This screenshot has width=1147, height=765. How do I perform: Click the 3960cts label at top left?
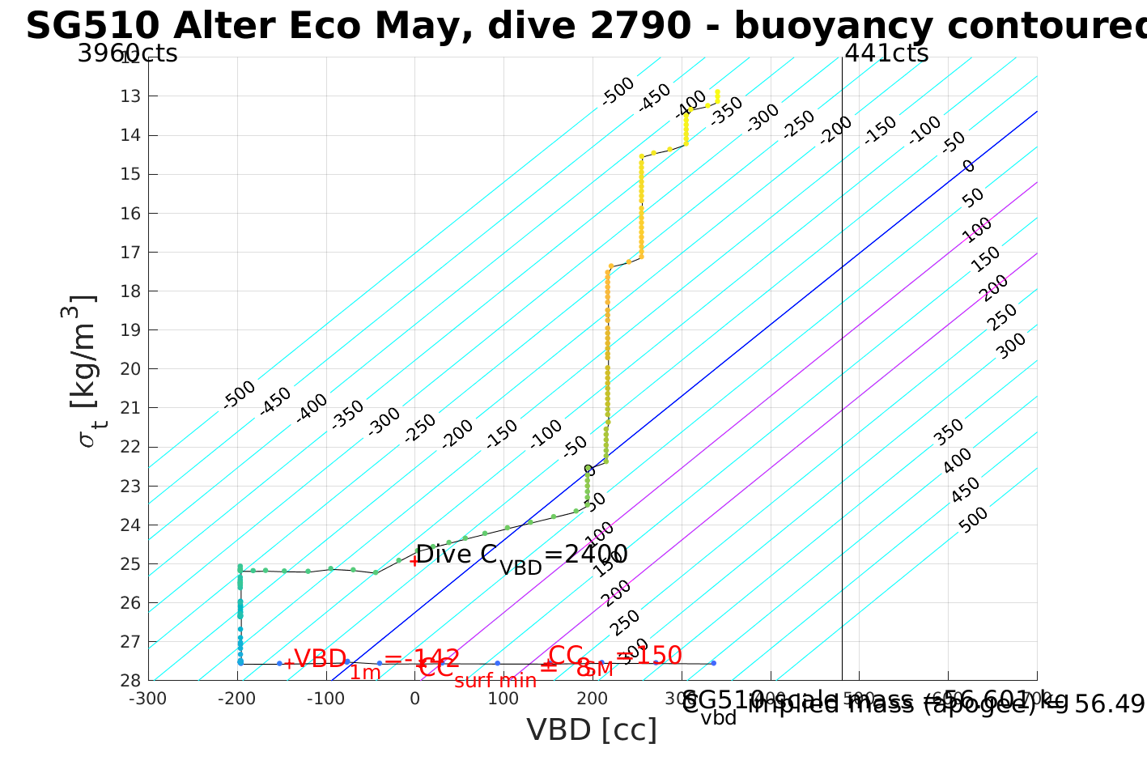tap(127, 54)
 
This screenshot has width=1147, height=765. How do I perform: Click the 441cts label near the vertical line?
tap(886, 54)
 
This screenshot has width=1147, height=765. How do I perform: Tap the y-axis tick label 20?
tap(130, 369)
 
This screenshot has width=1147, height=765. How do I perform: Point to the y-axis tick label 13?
tap(130, 96)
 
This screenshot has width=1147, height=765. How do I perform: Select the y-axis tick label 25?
tap(130, 564)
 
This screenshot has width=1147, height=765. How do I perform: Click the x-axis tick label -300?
tap(147, 697)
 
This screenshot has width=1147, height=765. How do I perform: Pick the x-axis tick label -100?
tap(325, 697)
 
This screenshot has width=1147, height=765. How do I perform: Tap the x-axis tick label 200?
tap(593, 697)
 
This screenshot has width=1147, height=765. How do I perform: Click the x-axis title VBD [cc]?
tap(592, 730)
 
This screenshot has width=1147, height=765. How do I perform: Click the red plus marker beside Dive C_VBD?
tap(414, 559)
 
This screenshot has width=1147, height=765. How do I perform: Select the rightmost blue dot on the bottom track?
tap(713, 663)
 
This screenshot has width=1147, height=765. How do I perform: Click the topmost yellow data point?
tap(717, 91)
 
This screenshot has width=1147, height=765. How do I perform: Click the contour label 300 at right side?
tap(1011, 346)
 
